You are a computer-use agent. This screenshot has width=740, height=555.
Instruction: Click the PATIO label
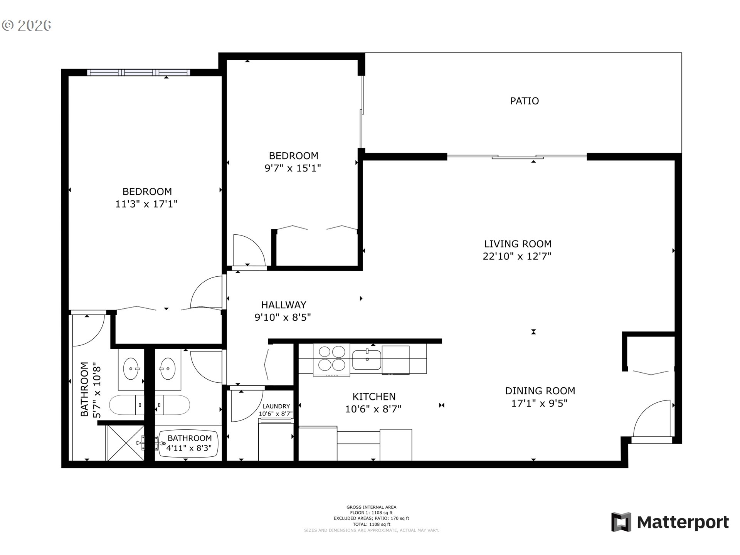point(524,101)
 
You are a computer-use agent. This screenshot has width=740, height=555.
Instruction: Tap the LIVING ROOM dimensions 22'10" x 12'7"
point(517,256)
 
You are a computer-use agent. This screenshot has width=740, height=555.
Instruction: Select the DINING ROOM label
point(540,391)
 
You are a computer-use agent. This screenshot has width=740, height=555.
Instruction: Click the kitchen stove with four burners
point(331,359)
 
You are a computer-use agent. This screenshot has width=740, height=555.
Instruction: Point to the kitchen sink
point(367,360)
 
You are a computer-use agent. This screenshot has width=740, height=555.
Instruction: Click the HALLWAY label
point(284,305)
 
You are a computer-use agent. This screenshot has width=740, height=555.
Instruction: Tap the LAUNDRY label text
point(276,406)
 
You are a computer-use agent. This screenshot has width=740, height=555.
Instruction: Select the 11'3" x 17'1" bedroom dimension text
point(146,204)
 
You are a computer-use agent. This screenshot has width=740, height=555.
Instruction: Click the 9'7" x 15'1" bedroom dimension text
point(293,168)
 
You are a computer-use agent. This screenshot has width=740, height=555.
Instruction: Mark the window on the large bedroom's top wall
point(138,72)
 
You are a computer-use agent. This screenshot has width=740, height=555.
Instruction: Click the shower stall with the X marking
point(126,443)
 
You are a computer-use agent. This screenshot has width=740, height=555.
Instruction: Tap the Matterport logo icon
point(621,522)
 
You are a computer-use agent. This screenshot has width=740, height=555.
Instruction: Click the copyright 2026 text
point(27,25)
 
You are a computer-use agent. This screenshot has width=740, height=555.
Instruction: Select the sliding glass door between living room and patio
point(516,156)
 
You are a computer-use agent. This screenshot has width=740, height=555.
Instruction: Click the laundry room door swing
point(245,405)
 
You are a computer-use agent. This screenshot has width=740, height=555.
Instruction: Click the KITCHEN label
point(374,397)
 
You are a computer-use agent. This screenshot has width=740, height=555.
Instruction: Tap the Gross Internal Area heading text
point(371,507)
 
